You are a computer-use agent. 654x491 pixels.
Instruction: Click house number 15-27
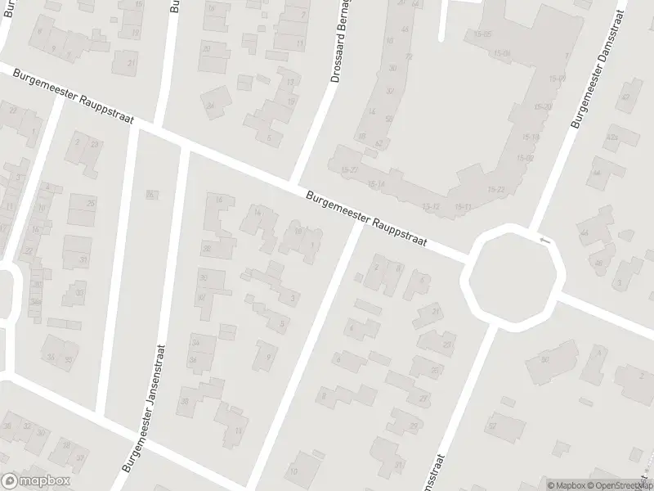350,169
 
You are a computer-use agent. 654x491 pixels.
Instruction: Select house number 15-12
432,205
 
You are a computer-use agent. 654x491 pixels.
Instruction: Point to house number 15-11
463,206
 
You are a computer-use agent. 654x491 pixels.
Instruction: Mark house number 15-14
377,184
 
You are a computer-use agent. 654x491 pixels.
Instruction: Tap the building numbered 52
378,143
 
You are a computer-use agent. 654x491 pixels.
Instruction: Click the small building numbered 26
150,194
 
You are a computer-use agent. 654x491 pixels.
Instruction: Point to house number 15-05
482,34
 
